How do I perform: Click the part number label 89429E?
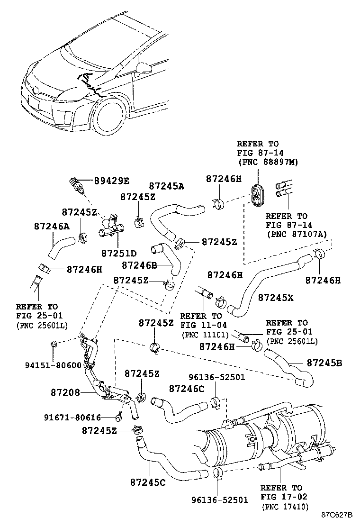point(111,181)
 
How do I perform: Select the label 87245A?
point(166,186)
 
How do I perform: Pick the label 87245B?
point(324,363)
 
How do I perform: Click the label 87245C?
point(148,482)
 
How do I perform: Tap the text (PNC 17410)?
point(284,507)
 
